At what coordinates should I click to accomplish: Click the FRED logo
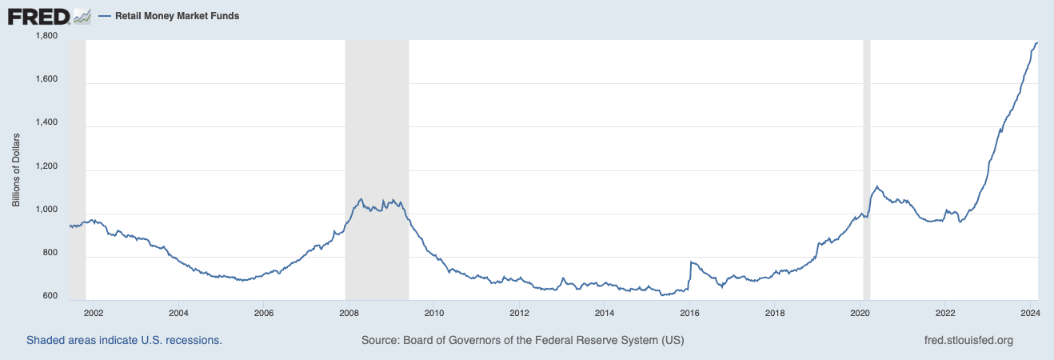tap(38, 16)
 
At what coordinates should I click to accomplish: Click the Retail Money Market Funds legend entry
tap(177, 16)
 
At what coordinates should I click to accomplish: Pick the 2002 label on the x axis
tap(94, 313)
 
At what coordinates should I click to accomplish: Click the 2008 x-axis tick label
tap(349, 313)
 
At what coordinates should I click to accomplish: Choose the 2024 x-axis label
tap(1030, 313)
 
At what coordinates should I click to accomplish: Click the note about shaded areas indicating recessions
tap(124, 340)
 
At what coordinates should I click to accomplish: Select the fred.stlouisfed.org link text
tap(968, 340)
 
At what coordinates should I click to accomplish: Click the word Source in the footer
tap(381, 340)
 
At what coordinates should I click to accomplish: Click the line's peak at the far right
tap(1036, 42)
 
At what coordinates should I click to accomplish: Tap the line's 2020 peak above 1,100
tap(877, 187)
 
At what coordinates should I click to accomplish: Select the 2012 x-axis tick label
tap(520, 313)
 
